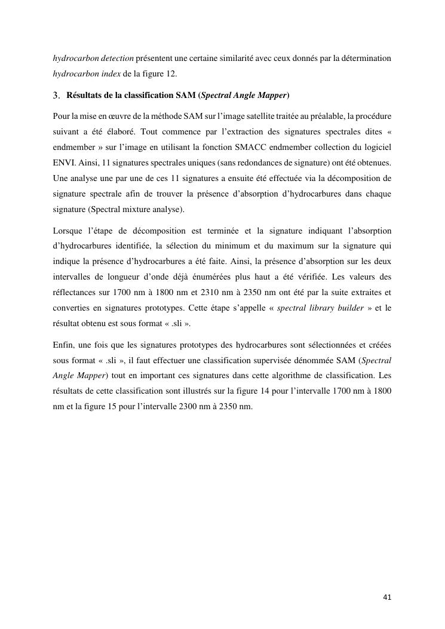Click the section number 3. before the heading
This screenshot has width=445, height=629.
tap(57, 95)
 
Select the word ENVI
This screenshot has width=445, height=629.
tap(63, 162)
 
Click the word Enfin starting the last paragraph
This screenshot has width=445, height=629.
tap(63, 345)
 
